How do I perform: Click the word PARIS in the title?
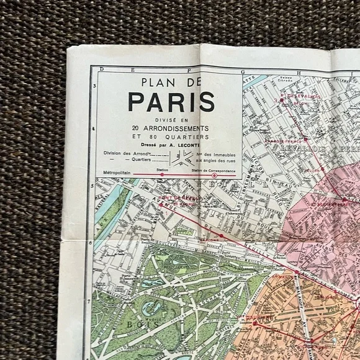171,101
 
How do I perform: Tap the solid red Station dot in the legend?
163,175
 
